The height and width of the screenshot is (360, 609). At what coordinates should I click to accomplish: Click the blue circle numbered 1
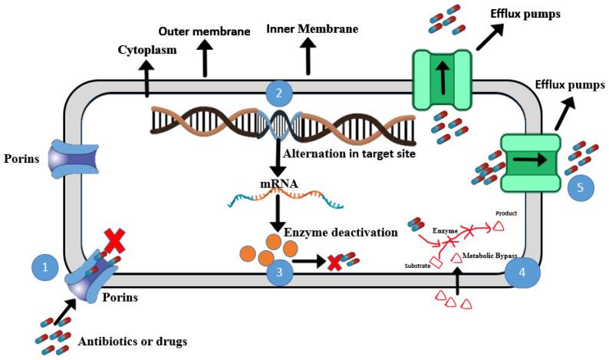(45, 268)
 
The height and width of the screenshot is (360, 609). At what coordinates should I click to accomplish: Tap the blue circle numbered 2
(279, 93)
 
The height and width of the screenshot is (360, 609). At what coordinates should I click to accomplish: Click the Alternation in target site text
(349, 154)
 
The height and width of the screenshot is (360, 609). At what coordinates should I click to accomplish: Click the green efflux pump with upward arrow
(443, 79)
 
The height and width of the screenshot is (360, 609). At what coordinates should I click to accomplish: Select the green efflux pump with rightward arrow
(530, 163)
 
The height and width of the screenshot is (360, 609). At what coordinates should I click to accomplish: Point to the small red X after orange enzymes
(335, 263)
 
